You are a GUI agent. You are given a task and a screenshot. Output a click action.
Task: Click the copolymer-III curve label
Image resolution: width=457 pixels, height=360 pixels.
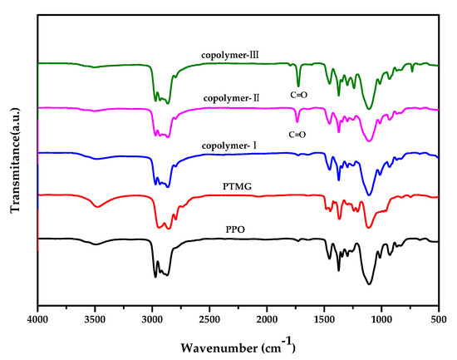point(230,57)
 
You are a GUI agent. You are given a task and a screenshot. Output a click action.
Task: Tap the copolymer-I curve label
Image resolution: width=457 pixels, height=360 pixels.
point(228,146)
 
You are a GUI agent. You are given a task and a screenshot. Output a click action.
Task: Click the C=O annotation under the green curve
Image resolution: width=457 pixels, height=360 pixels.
point(297,95)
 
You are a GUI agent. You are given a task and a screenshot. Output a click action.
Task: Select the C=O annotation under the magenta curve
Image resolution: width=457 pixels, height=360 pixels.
point(296,134)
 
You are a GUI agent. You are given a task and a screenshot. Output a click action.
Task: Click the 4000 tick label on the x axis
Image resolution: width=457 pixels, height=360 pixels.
point(38,318)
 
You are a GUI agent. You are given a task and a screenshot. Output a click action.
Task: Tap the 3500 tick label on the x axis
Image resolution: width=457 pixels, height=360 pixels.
point(95,318)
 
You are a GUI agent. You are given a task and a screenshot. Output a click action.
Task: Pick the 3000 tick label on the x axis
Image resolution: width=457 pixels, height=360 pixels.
point(152,318)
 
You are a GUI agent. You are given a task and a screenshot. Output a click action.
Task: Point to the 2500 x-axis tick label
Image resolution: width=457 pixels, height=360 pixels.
point(209,318)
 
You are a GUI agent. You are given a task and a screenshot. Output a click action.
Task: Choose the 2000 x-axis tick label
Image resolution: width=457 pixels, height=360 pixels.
point(267,318)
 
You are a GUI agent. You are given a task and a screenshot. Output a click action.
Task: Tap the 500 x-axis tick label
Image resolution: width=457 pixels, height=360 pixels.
point(438,318)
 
